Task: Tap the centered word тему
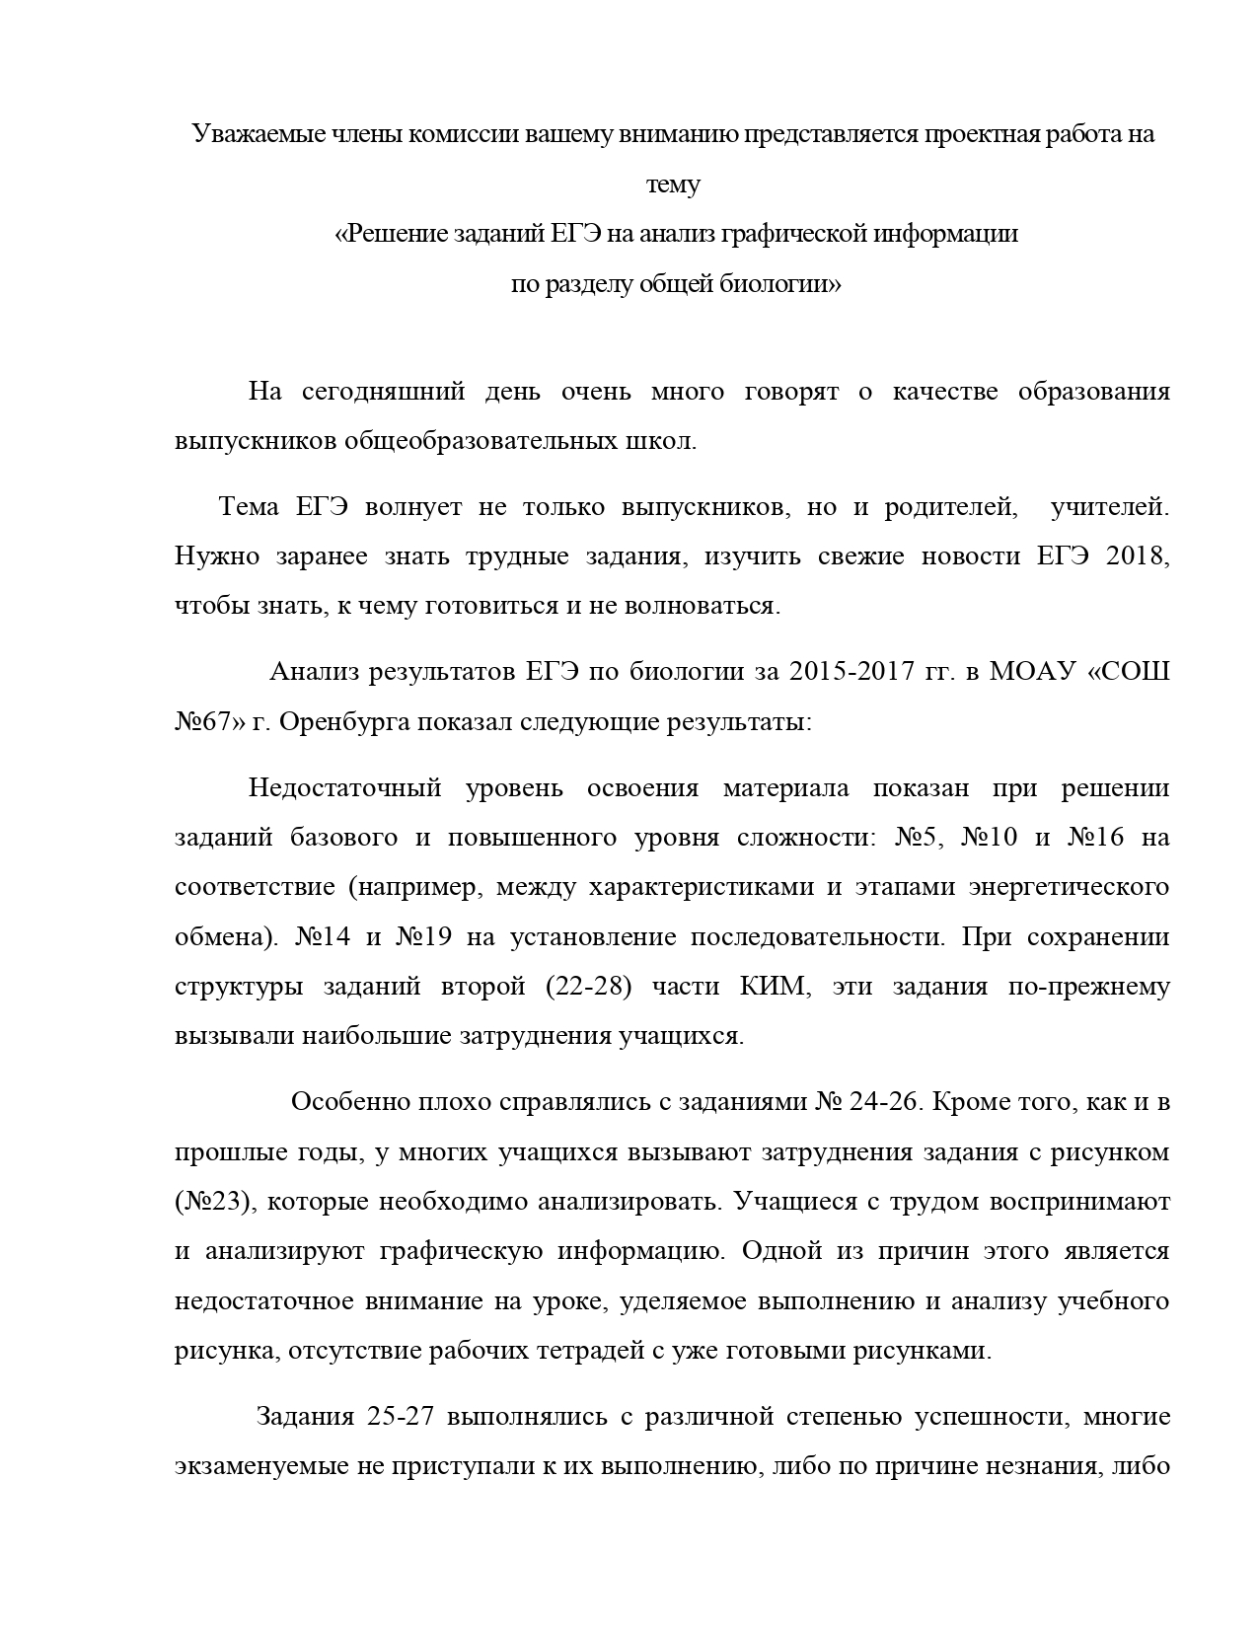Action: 673,185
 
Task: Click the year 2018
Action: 1138,555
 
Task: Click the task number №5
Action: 921,838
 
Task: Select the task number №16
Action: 1095,838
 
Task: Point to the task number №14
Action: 323,936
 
